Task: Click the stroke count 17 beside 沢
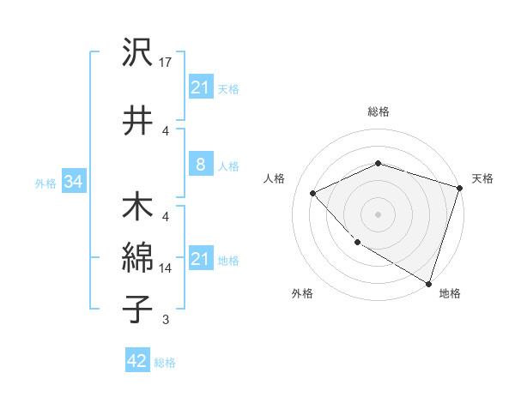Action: pyautogui.click(x=167, y=63)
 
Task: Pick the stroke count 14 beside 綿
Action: pyautogui.click(x=167, y=268)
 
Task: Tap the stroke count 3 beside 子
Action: pyautogui.click(x=166, y=321)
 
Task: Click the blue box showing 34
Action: pyautogui.click(x=73, y=183)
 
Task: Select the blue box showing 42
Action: pyautogui.click(x=136, y=361)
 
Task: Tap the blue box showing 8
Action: pyautogui.click(x=200, y=165)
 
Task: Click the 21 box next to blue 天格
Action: pyautogui.click(x=200, y=87)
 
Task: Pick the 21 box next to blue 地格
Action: pyautogui.click(x=200, y=259)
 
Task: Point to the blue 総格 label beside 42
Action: pyautogui.click(x=165, y=363)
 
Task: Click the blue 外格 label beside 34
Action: pyautogui.click(x=45, y=183)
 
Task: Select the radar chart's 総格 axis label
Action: pyautogui.click(x=378, y=111)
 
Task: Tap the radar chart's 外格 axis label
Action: pyautogui.click(x=302, y=293)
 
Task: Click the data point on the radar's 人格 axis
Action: pyautogui.click(x=313, y=194)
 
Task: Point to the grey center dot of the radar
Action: pyautogui.click(x=378, y=214)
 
